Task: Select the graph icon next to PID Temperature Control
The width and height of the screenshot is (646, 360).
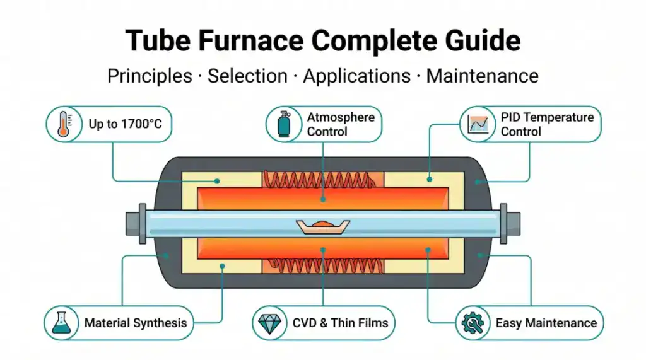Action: pyautogui.click(x=479, y=124)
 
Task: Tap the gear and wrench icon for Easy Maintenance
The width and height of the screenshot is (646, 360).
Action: pyautogui.click(x=473, y=323)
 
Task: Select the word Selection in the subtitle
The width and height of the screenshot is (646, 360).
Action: pyautogui.click(x=247, y=76)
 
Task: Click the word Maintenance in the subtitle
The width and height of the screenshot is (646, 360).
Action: pyautogui.click(x=483, y=76)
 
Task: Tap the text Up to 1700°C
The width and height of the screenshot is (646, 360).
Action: pyautogui.click(x=125, y=124)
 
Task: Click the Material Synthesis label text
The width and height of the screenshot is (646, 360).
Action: pyautogui.click(x=136, y=323)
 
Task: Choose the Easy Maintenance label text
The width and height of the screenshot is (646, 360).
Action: pyautogui.click(x=546, y=323)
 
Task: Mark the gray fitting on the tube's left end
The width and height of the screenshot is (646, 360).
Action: pyautogui.click(x=134, y=222)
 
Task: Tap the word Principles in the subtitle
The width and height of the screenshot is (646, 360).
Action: pyautogui.click(x=150, y=76)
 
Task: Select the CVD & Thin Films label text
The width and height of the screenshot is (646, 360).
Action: pyautogui.click(x=341, y=323)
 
